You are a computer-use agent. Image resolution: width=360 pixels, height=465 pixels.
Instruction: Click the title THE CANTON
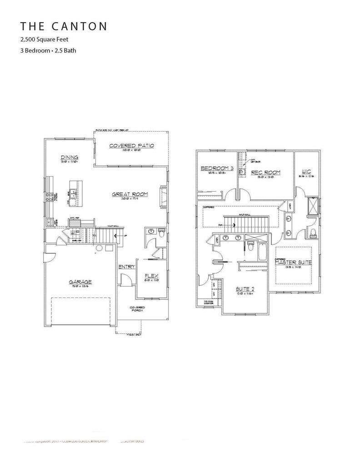pos(64,26)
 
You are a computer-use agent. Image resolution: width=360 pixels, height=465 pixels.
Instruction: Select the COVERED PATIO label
pos(132,146)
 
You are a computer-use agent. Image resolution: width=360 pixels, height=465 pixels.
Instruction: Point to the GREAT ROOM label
pos(130,195)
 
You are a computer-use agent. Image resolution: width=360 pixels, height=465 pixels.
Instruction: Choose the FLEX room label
pos(151,276)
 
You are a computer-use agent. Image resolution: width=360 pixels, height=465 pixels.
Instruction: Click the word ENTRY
pos(127,267)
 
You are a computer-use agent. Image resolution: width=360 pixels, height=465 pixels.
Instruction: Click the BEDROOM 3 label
pos(217,168)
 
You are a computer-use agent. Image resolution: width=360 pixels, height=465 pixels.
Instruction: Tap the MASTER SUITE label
pos(293,262)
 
